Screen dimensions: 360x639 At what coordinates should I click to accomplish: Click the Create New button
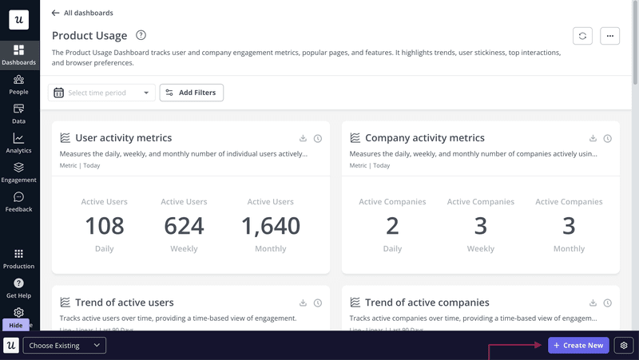tap(578, 346)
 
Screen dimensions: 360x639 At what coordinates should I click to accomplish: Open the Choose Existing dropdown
tap(65, 346)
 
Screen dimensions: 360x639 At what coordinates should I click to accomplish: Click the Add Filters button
tap(192, 93)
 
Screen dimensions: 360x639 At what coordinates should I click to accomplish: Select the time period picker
tap(101, 93)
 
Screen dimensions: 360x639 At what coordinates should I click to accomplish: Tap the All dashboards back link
tap(82, 13)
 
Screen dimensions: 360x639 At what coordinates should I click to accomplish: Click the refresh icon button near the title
tap(583, 36)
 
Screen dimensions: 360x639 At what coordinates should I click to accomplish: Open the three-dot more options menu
tap(609, 36)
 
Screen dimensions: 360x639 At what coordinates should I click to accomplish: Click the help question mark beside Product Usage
tap(141, 35)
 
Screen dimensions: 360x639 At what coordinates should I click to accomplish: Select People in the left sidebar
tap(18, 84)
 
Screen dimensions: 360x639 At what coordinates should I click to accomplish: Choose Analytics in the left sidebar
tap(18, 143)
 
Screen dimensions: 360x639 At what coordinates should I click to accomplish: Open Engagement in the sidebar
tap(18, 172)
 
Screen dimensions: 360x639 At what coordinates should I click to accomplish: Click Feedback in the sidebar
tap(18, 202)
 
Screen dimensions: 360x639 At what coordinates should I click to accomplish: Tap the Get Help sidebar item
tap(18, 288)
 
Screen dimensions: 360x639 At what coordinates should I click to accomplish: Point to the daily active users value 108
tap(105, 226)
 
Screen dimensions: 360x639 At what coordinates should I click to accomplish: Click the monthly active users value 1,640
tap(271, 226)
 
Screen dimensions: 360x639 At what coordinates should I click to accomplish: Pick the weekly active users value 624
tap(184, 226)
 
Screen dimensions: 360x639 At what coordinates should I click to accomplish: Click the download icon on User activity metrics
tap(304, 139)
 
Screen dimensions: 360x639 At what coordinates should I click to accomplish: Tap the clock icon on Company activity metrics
tap(608, 139)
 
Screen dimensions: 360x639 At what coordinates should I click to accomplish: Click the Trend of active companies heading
tap(427, 303)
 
